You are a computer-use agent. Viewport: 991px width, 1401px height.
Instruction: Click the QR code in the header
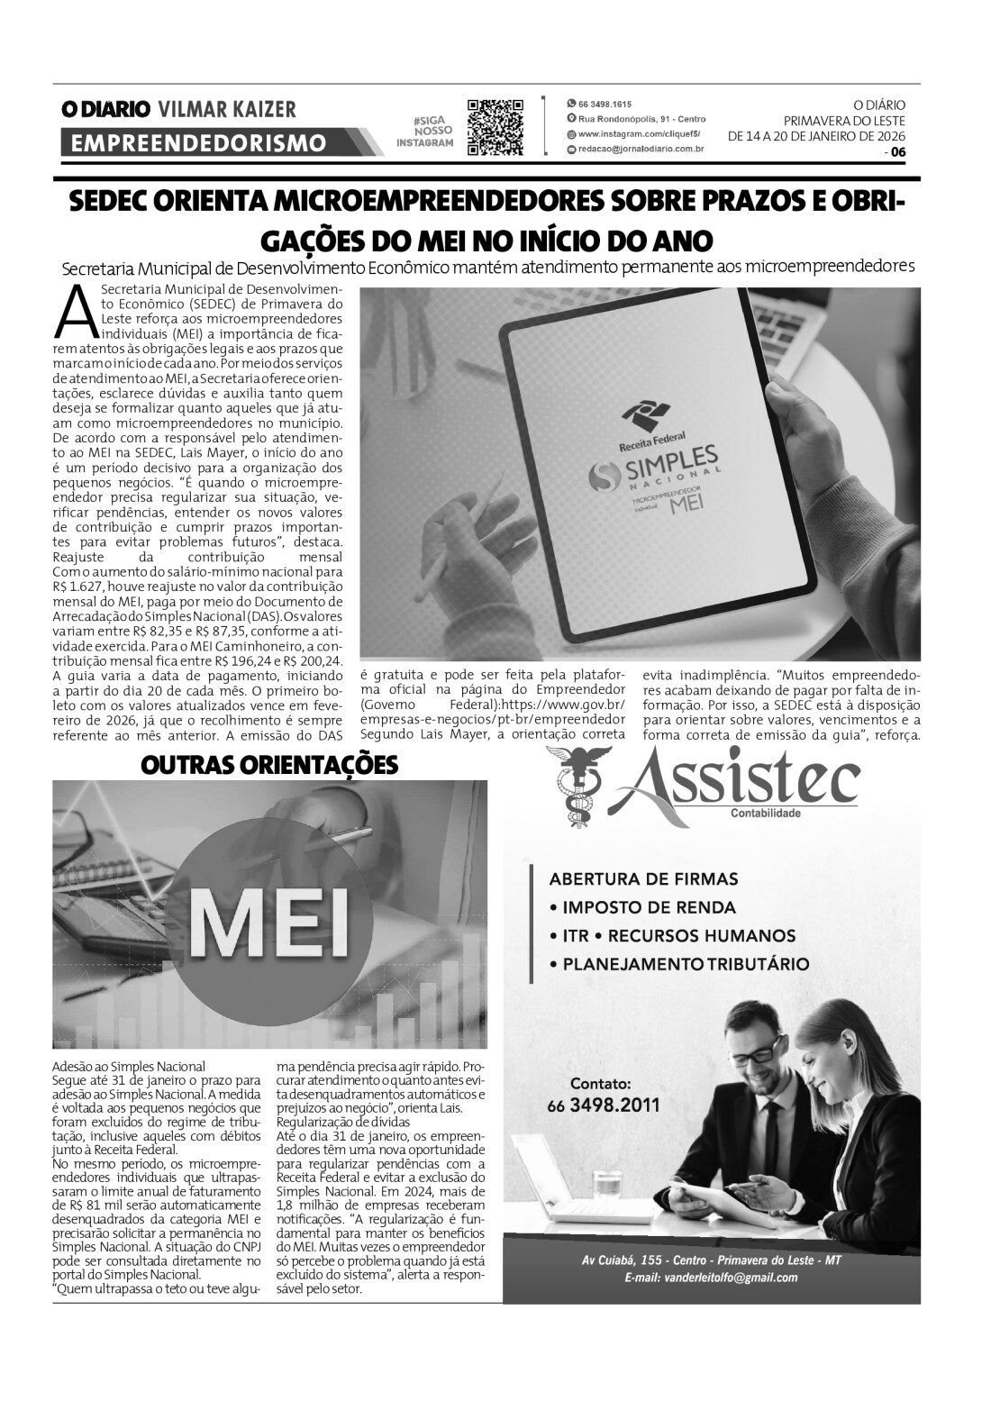(x=495, y=128)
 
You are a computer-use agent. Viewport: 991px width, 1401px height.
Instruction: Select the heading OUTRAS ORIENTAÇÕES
(x=269, y=765)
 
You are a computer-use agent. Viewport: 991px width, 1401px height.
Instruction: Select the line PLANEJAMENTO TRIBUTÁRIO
(x=685, y=964)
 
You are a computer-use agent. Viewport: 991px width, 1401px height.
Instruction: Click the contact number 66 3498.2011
(x=603, y=1105)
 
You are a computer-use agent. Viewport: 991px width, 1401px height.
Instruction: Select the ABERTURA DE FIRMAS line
(x=643, y=878)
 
